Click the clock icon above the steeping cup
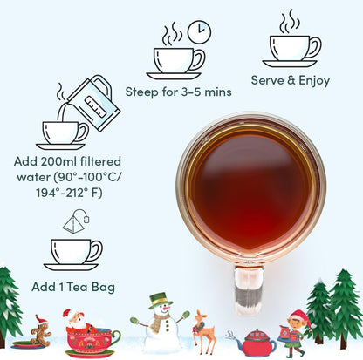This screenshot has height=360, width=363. [x=199, y=32]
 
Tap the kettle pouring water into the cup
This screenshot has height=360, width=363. [x=94, y=102]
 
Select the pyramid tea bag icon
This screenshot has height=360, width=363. [x=76, y=221]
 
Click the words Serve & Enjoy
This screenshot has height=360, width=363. [x=291, y=80]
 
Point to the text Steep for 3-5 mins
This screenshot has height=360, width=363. [x=178, y=92]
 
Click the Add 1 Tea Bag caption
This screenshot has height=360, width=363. [x=73, y=287]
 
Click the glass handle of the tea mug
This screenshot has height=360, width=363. [x=249, y=289]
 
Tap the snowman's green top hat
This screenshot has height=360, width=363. [x=159, y=301]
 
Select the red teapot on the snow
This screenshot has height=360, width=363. [x=256, y=343]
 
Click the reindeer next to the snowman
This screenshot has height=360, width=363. [x=204, y=332]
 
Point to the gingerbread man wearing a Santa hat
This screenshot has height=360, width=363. [x=41, y=330]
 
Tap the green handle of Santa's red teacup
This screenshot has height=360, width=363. [x=116, y=337]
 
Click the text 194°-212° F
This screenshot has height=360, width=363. [x=69, y=193]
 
